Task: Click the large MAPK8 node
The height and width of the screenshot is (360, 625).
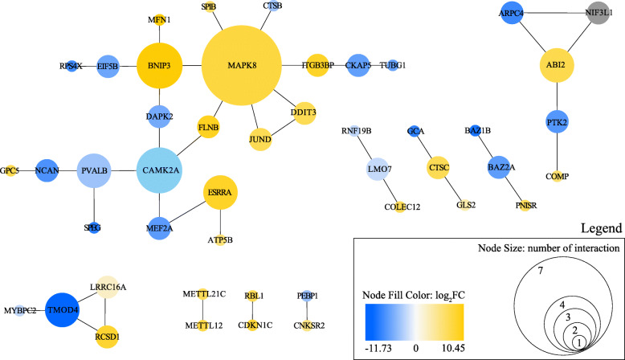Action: coord(242,64)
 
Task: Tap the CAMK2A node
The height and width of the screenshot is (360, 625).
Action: coord(163,170)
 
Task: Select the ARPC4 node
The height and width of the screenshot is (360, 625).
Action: coord(512,14)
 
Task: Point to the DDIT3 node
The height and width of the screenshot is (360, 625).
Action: coord(306,112)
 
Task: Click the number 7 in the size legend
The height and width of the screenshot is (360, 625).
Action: coord(541,272)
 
